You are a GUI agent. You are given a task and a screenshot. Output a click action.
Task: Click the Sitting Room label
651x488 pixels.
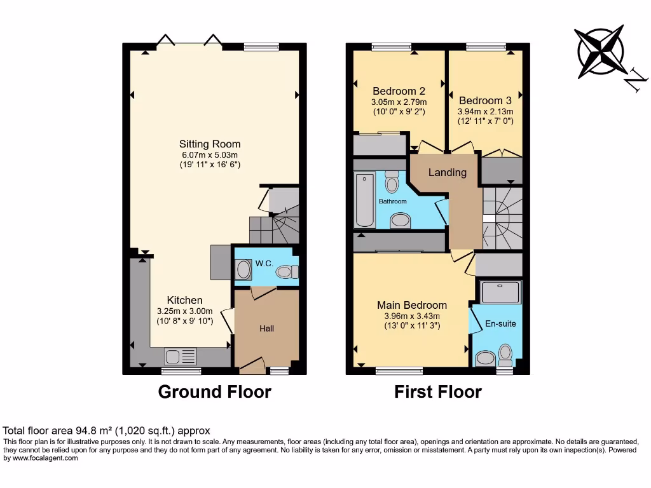click(210, 144)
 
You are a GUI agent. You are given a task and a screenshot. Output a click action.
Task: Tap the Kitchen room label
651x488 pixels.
click(184, 300)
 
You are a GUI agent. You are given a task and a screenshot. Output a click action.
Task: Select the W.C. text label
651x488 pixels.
click(264, 262)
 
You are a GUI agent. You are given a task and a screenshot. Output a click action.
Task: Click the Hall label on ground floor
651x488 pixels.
click(266, 329)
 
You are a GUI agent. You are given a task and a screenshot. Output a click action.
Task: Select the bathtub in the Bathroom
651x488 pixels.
click(365, 200)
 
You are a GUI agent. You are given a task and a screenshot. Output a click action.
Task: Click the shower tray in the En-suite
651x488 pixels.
click(501, 292)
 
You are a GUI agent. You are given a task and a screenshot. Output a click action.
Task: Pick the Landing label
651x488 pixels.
click(447, 172)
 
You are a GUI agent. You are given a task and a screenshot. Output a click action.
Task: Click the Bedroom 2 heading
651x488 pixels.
click(399, 90)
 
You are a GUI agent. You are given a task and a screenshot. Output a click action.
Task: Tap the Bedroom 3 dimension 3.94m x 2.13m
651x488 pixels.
click(485, 111)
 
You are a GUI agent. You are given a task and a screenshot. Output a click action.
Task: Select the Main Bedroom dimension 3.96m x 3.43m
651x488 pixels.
click(411, 316)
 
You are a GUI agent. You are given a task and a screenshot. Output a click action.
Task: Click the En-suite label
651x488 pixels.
click(500, 323)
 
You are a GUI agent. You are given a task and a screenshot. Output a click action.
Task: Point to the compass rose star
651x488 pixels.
click(600, 52)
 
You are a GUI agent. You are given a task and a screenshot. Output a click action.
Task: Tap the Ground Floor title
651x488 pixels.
click(214, 392)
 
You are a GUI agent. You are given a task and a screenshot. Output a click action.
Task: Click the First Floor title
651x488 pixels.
click(437, 392)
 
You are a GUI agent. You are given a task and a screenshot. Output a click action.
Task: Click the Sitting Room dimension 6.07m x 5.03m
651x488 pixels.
click(210, 154)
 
